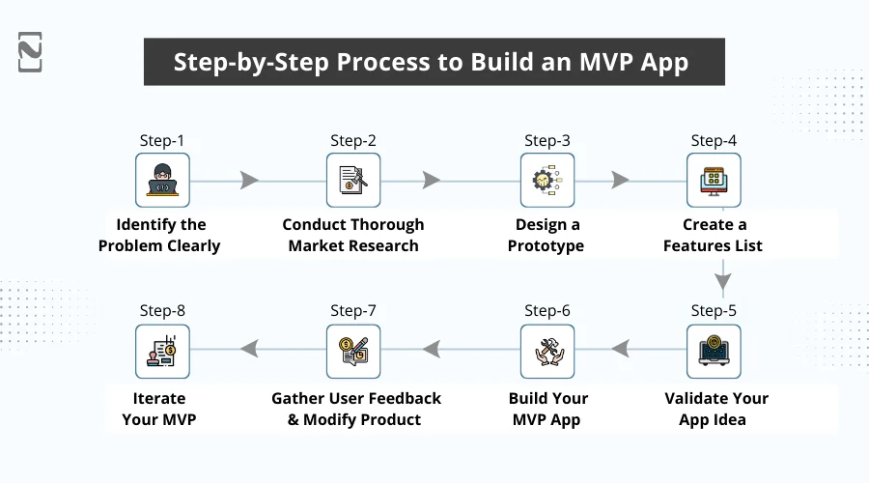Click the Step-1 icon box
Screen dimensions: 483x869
(162, 181)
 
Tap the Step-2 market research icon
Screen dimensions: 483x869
(352, 181)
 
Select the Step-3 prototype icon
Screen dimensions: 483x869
(547, 181)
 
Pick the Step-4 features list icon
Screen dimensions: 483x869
(714, 181)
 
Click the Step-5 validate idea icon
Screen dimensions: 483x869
(714, 352)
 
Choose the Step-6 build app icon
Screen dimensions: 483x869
(547, 352)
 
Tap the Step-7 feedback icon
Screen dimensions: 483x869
(352, 352)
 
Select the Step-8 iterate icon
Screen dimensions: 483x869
(162, 352)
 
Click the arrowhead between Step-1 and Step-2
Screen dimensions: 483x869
(250, 181)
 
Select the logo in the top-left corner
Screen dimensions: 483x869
(30, 52)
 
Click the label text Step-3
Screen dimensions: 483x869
(547, 141)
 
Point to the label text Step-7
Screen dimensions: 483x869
(352, 311)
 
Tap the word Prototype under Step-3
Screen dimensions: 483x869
(547, 245)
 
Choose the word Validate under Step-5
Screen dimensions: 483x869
(698, 398)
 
